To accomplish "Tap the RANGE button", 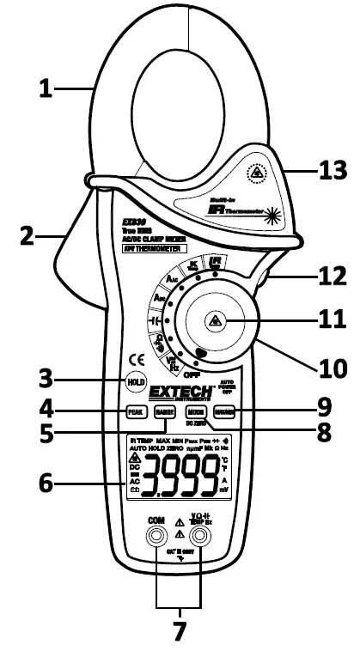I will click(x=163, y=413).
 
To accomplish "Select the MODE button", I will click(x=194, y=413).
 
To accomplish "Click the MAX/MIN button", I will click(x=220, y=413).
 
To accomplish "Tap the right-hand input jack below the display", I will click(x=201, y=537).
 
